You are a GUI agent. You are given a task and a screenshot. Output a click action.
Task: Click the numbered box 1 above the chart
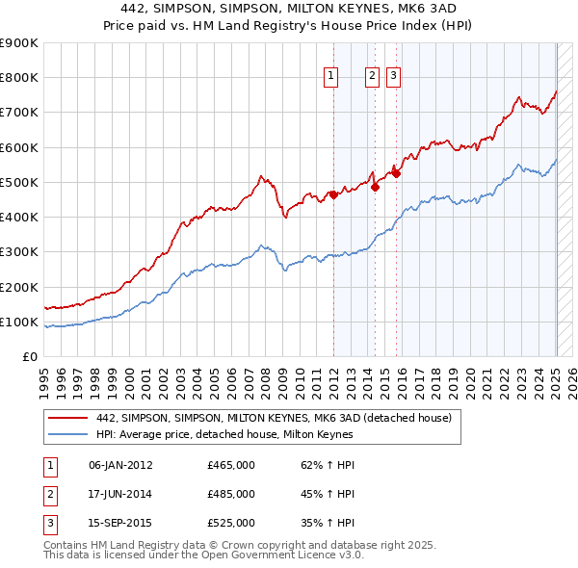coord(330,78)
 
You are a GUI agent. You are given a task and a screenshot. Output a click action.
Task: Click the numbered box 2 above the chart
coord(372,78)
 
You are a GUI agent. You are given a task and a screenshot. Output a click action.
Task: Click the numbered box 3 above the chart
coord(394,78)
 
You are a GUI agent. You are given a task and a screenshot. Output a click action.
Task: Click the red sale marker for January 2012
coord(333,194)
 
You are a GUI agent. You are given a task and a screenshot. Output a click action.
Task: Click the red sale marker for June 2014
coord(375,188)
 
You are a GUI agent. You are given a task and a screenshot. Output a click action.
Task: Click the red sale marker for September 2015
coord(396,173)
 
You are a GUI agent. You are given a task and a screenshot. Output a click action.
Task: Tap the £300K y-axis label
coord(19,252)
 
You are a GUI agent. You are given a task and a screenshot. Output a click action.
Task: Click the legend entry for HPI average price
coord(224,434)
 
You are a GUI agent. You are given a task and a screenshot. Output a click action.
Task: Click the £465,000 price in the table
coord(231,465)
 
